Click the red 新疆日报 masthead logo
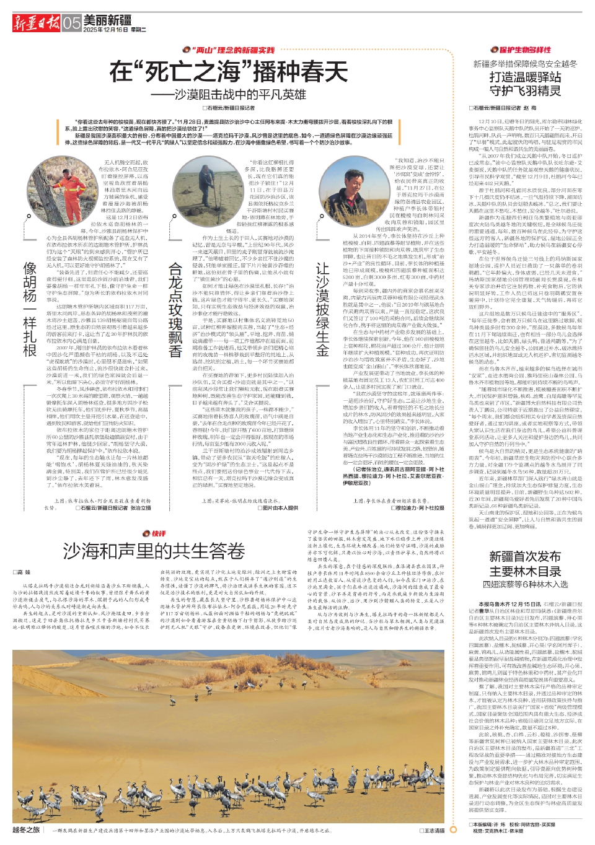[36, 24]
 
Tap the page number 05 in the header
[72, 24]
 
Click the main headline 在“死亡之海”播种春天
[229, 72]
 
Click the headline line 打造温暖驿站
[525, 77]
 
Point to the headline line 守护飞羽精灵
[525, 91]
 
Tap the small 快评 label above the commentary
[159, 533]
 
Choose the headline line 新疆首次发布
[525, 556]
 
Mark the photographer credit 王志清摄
[434, 830]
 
